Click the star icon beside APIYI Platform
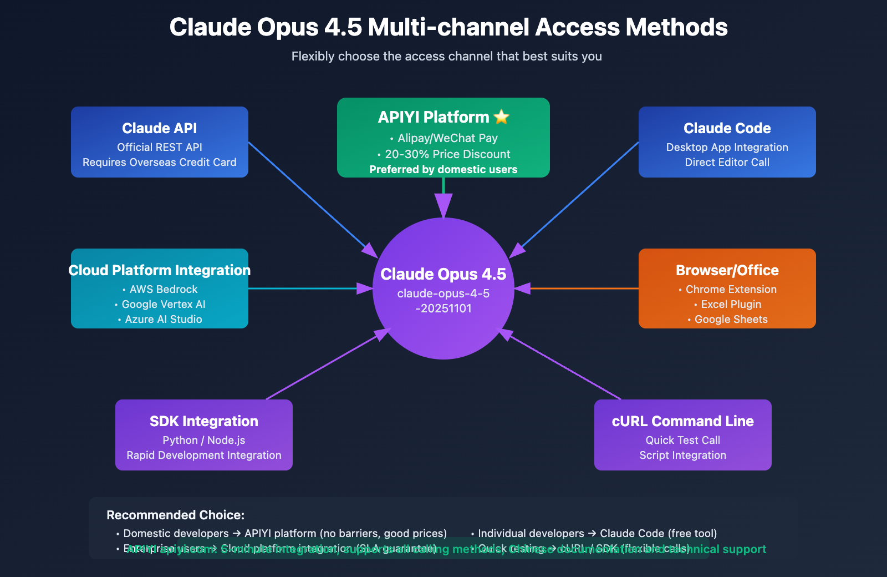[501, 117]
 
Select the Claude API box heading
[160, 128]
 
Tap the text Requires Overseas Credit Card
[160, 162]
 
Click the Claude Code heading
[727, 128]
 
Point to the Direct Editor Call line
[727, 162]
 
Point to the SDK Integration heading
[204, 421]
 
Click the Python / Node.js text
[204, 440]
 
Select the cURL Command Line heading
[682, 421]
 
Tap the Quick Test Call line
[682, 440]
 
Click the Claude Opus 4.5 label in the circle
[443, 274]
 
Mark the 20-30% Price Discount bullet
[447, 154]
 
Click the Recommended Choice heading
[175, 515]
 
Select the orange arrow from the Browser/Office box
[582, 288]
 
